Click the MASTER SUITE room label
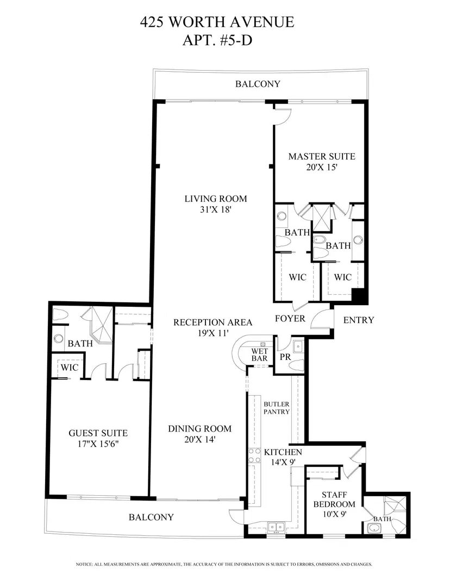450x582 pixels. (x=322, y=156)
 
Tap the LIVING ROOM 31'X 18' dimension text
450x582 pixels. (x=216, y=210)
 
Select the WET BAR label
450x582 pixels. (x=259, y=355)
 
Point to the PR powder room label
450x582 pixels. (x=285, y=357)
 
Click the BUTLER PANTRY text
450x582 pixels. (x=277, y=408)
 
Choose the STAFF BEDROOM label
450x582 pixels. (x=334, y=499)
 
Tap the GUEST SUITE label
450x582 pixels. (x=98, y=433)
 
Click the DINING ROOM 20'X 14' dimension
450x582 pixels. (x=200, y=440)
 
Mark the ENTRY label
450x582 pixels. (x=359, y=320)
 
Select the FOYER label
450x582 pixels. (x=290, y=319)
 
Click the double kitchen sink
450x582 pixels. (x=276, y=527)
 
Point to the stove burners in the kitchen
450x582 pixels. (x=254, y=456)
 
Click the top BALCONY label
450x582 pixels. (x=258, y=84)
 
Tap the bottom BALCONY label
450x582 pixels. (x=151, y=517)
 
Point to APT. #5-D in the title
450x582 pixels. (x=217, y=40)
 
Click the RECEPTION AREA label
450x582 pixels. (x=213, y=322)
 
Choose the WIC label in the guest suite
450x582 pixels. (x=70, y=368)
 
